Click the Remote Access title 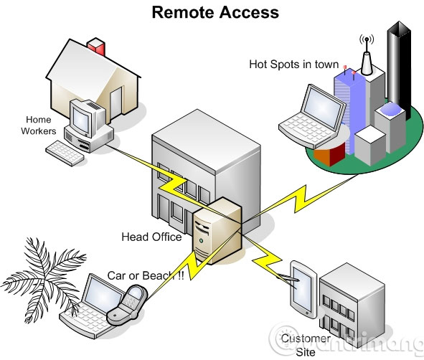(215, 12)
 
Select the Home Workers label (39, 125)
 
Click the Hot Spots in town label (293, 65)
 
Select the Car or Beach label (144, 275)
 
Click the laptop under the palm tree (90, 302)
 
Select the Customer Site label (305, 345)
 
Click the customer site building (352, 301)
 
